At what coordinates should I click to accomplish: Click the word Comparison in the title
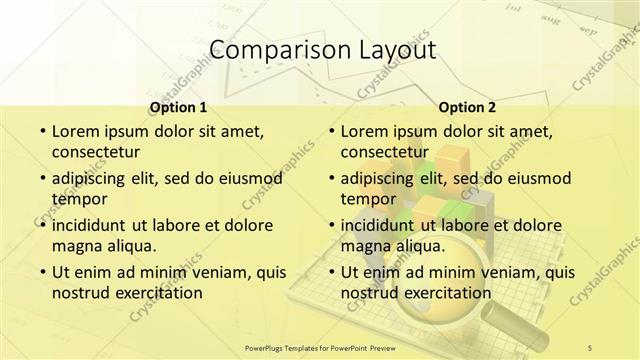(269, 51)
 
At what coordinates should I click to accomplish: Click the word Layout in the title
(393, 51)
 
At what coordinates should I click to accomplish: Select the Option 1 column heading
(178, 107)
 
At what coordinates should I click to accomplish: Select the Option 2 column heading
(466, 107)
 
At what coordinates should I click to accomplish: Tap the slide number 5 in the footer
(590, 347)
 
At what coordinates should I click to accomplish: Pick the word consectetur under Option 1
(95, 153)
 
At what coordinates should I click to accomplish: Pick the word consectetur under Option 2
(385, 153)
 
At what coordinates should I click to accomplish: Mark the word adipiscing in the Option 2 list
(379, 178)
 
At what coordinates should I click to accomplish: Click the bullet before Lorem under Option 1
(41, 131)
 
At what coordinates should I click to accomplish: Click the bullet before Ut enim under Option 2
(330, 272)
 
